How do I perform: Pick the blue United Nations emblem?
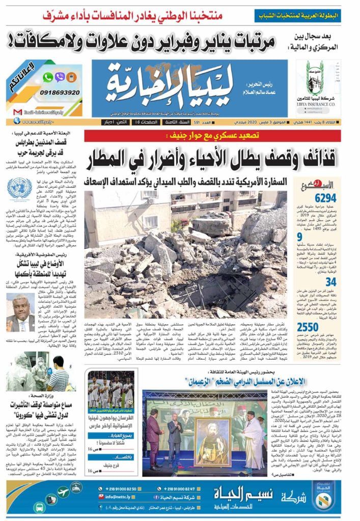[19, 188]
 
